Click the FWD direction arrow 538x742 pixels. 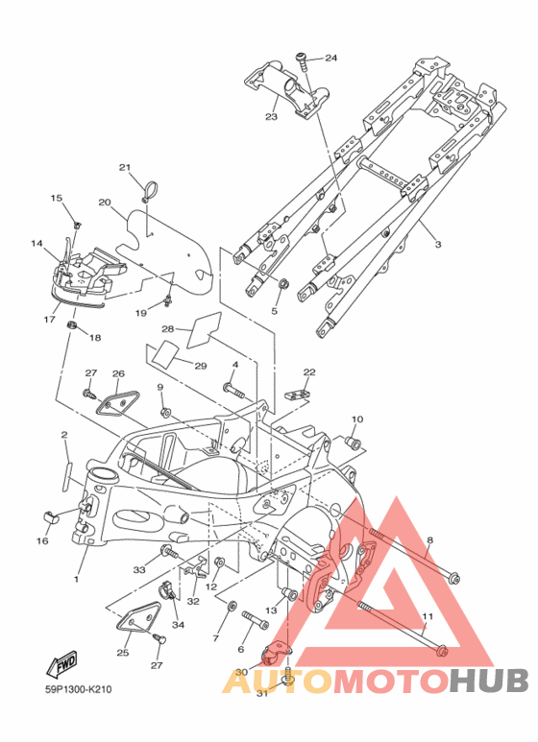61,665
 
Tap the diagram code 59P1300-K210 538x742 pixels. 79,689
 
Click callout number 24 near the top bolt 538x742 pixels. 330,58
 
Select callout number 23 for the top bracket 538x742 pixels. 271,116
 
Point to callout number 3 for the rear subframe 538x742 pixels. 438,244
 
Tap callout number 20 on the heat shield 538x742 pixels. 105,203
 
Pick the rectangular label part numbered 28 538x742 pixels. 204,330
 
